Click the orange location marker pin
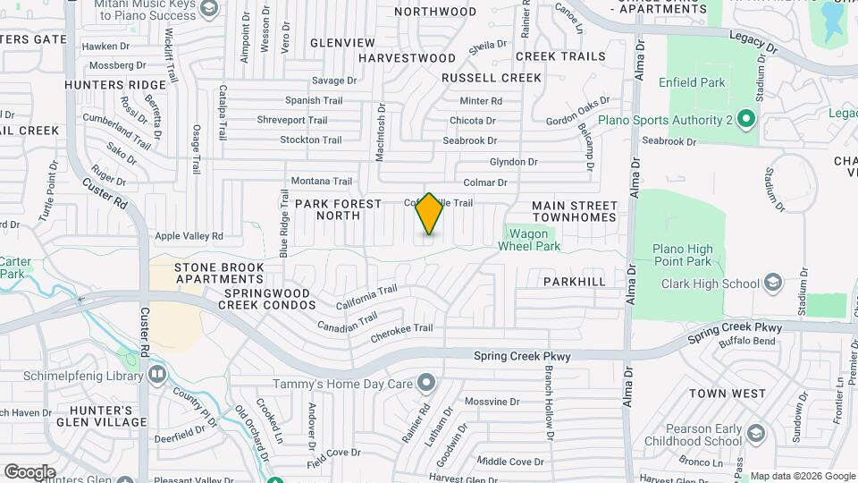(429, 215)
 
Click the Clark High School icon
(774, 284)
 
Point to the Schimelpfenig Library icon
(157, 373)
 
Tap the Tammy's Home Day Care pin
(426, 385)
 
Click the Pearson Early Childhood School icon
(756, 434)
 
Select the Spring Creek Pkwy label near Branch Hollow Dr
(521, 356)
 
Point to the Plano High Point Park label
(682, 255)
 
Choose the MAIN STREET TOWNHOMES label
(575, 212)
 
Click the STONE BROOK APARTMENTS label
(219, 273)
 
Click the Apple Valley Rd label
(189, 236)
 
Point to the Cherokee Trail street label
(401, 328)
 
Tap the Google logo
(29, 472)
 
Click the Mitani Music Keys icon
(209, 9)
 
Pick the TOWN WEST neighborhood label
(728, 394)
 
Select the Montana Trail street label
(316, 181)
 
